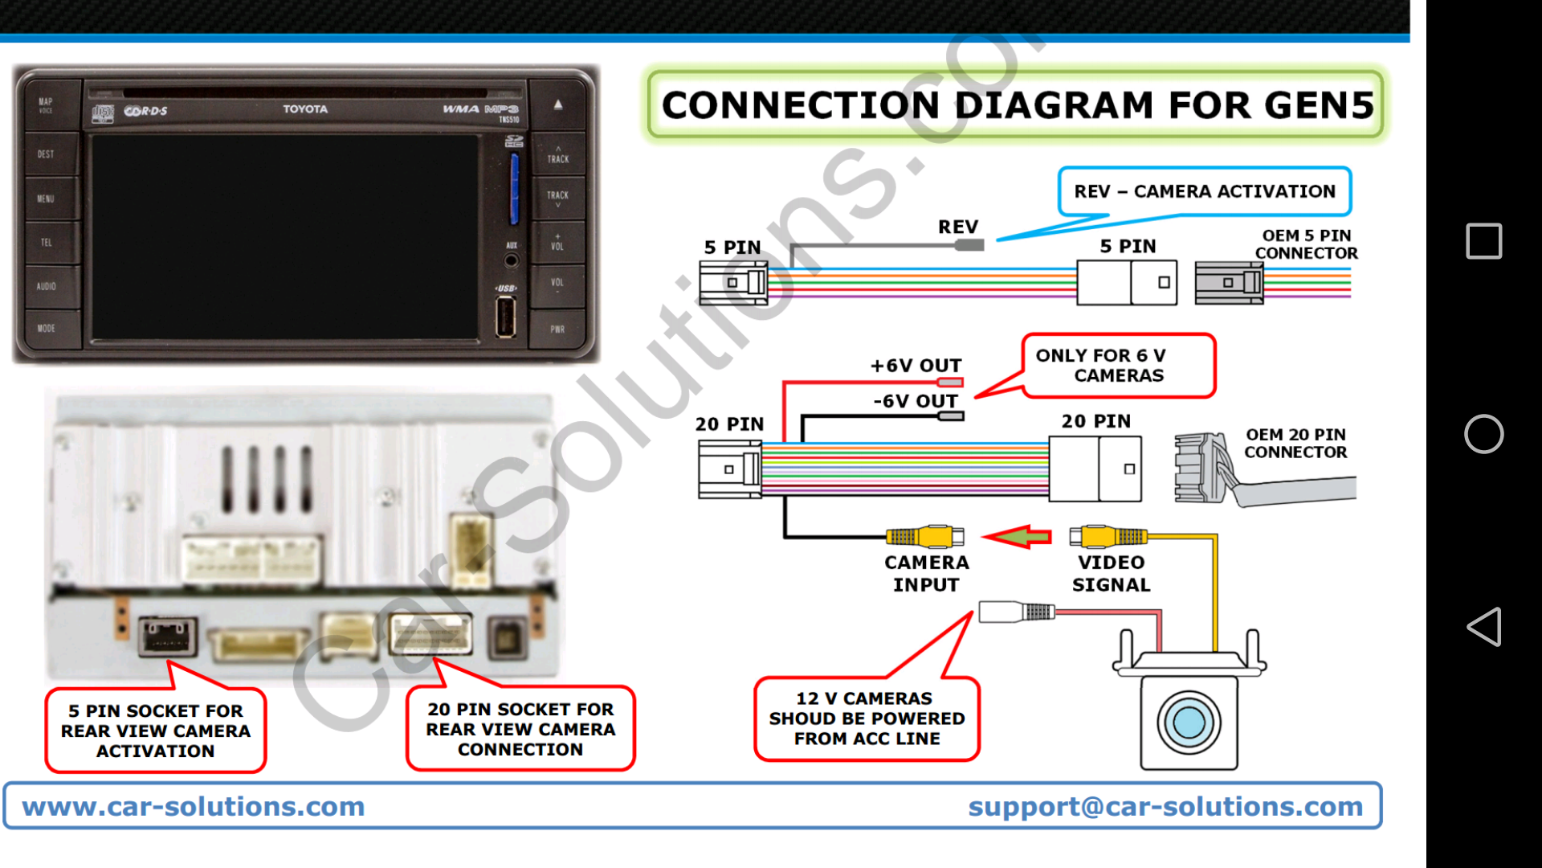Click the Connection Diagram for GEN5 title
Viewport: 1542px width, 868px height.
coord(1017,105)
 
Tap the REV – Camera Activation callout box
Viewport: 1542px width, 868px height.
coord(1205,191)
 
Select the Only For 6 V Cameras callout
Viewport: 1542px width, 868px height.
coord(1118,366)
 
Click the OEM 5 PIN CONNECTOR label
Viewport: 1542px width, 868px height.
coord(1306,244)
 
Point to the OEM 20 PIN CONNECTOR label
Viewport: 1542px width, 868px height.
coord(1295,444)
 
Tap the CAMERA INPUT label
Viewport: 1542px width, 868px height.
coord(926,573)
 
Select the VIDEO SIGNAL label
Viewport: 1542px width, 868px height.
coord(1111,573)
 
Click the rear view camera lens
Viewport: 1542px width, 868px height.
coord(1189,722)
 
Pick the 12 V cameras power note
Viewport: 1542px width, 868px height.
coord(867,719)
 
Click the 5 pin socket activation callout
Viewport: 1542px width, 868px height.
coord(156,731)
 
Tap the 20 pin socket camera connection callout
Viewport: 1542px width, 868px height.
coord(520,729)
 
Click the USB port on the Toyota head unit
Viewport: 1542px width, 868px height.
coord(506,316)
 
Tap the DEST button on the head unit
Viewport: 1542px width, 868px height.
coord(47,154)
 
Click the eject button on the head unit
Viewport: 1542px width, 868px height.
coord(558,105)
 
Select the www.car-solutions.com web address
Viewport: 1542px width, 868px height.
coord(194,806)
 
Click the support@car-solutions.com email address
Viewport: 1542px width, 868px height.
coord(1165,806)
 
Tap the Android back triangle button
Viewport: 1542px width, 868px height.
coord(1483,626)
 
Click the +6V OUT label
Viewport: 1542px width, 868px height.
coord(916,366)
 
